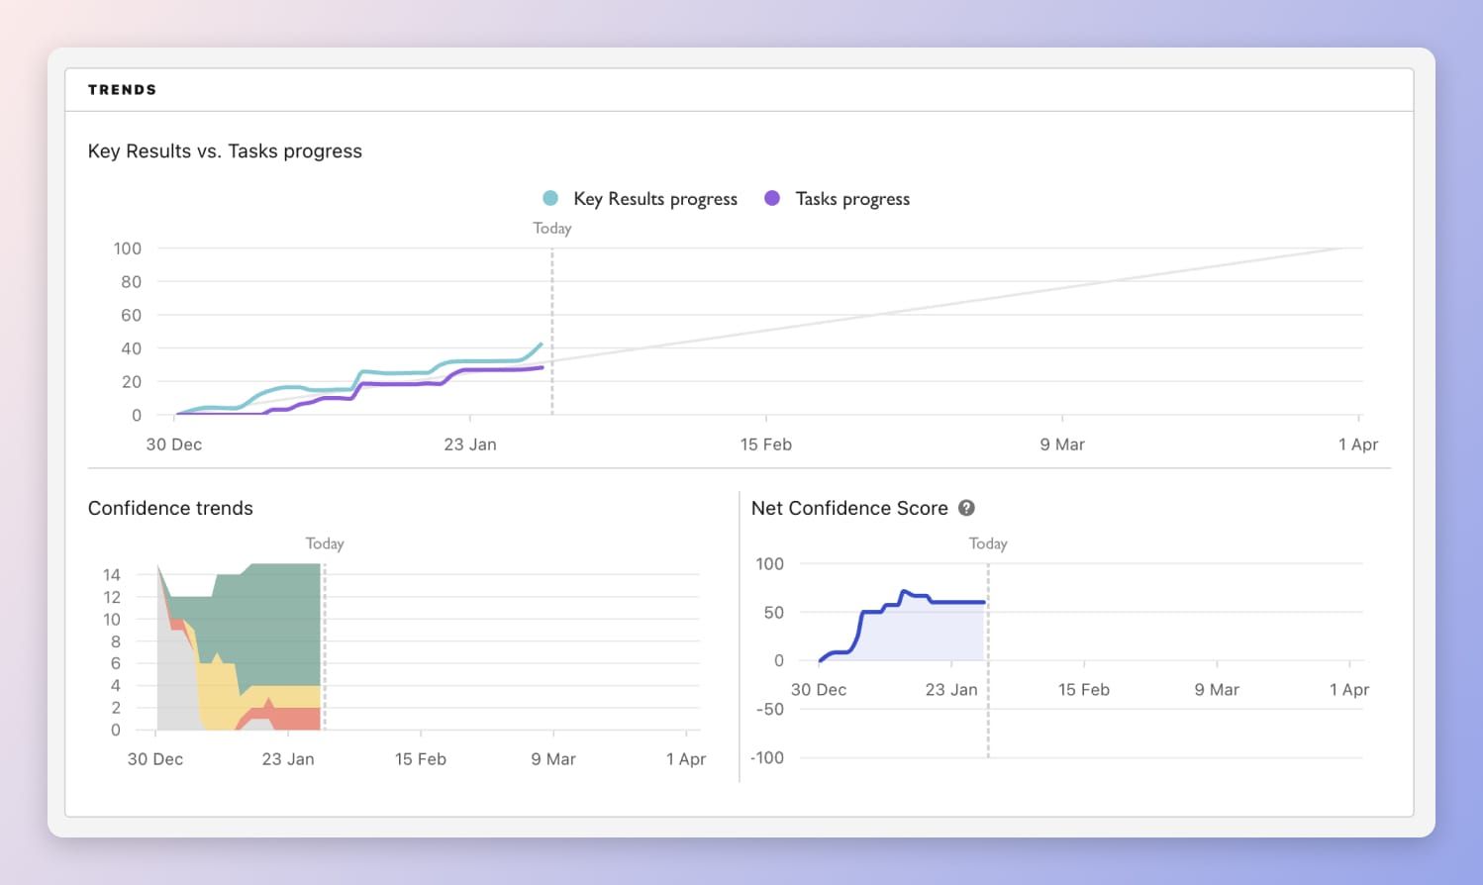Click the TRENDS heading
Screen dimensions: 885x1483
(x=122, y=90)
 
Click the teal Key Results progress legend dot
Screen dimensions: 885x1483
(x=550, y=198)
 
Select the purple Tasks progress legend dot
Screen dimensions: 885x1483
(x=772, y=198)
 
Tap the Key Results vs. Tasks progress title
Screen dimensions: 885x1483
(x=225, y=151)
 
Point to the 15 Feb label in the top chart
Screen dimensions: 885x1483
(x=765, y=444)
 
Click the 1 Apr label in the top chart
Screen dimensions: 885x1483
(x=1357, y=444)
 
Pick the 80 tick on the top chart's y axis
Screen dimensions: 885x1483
(x=131, y=282)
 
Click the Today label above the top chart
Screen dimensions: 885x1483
(x=551, y=229)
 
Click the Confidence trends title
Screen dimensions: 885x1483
(x=170, y=508)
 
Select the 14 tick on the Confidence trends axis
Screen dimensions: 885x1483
(x=112, y=575)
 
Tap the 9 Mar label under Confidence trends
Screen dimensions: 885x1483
(x=552, y=759)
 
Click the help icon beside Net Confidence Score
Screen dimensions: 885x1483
(x=966, y=508)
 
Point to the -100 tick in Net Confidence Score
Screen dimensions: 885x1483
(x=767, y=758)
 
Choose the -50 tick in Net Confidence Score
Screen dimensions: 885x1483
(x=770, y=710)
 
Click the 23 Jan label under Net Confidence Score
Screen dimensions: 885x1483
(x=950, y=690)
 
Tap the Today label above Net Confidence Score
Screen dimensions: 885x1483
(x=988, y=544)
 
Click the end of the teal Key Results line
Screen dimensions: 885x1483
(x=542, y=344)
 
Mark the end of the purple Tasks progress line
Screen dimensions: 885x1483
(x=543, y=367)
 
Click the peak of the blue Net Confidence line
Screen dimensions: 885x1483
(x=903, y=592)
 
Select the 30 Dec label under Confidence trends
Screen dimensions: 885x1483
(x=155, y=759)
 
